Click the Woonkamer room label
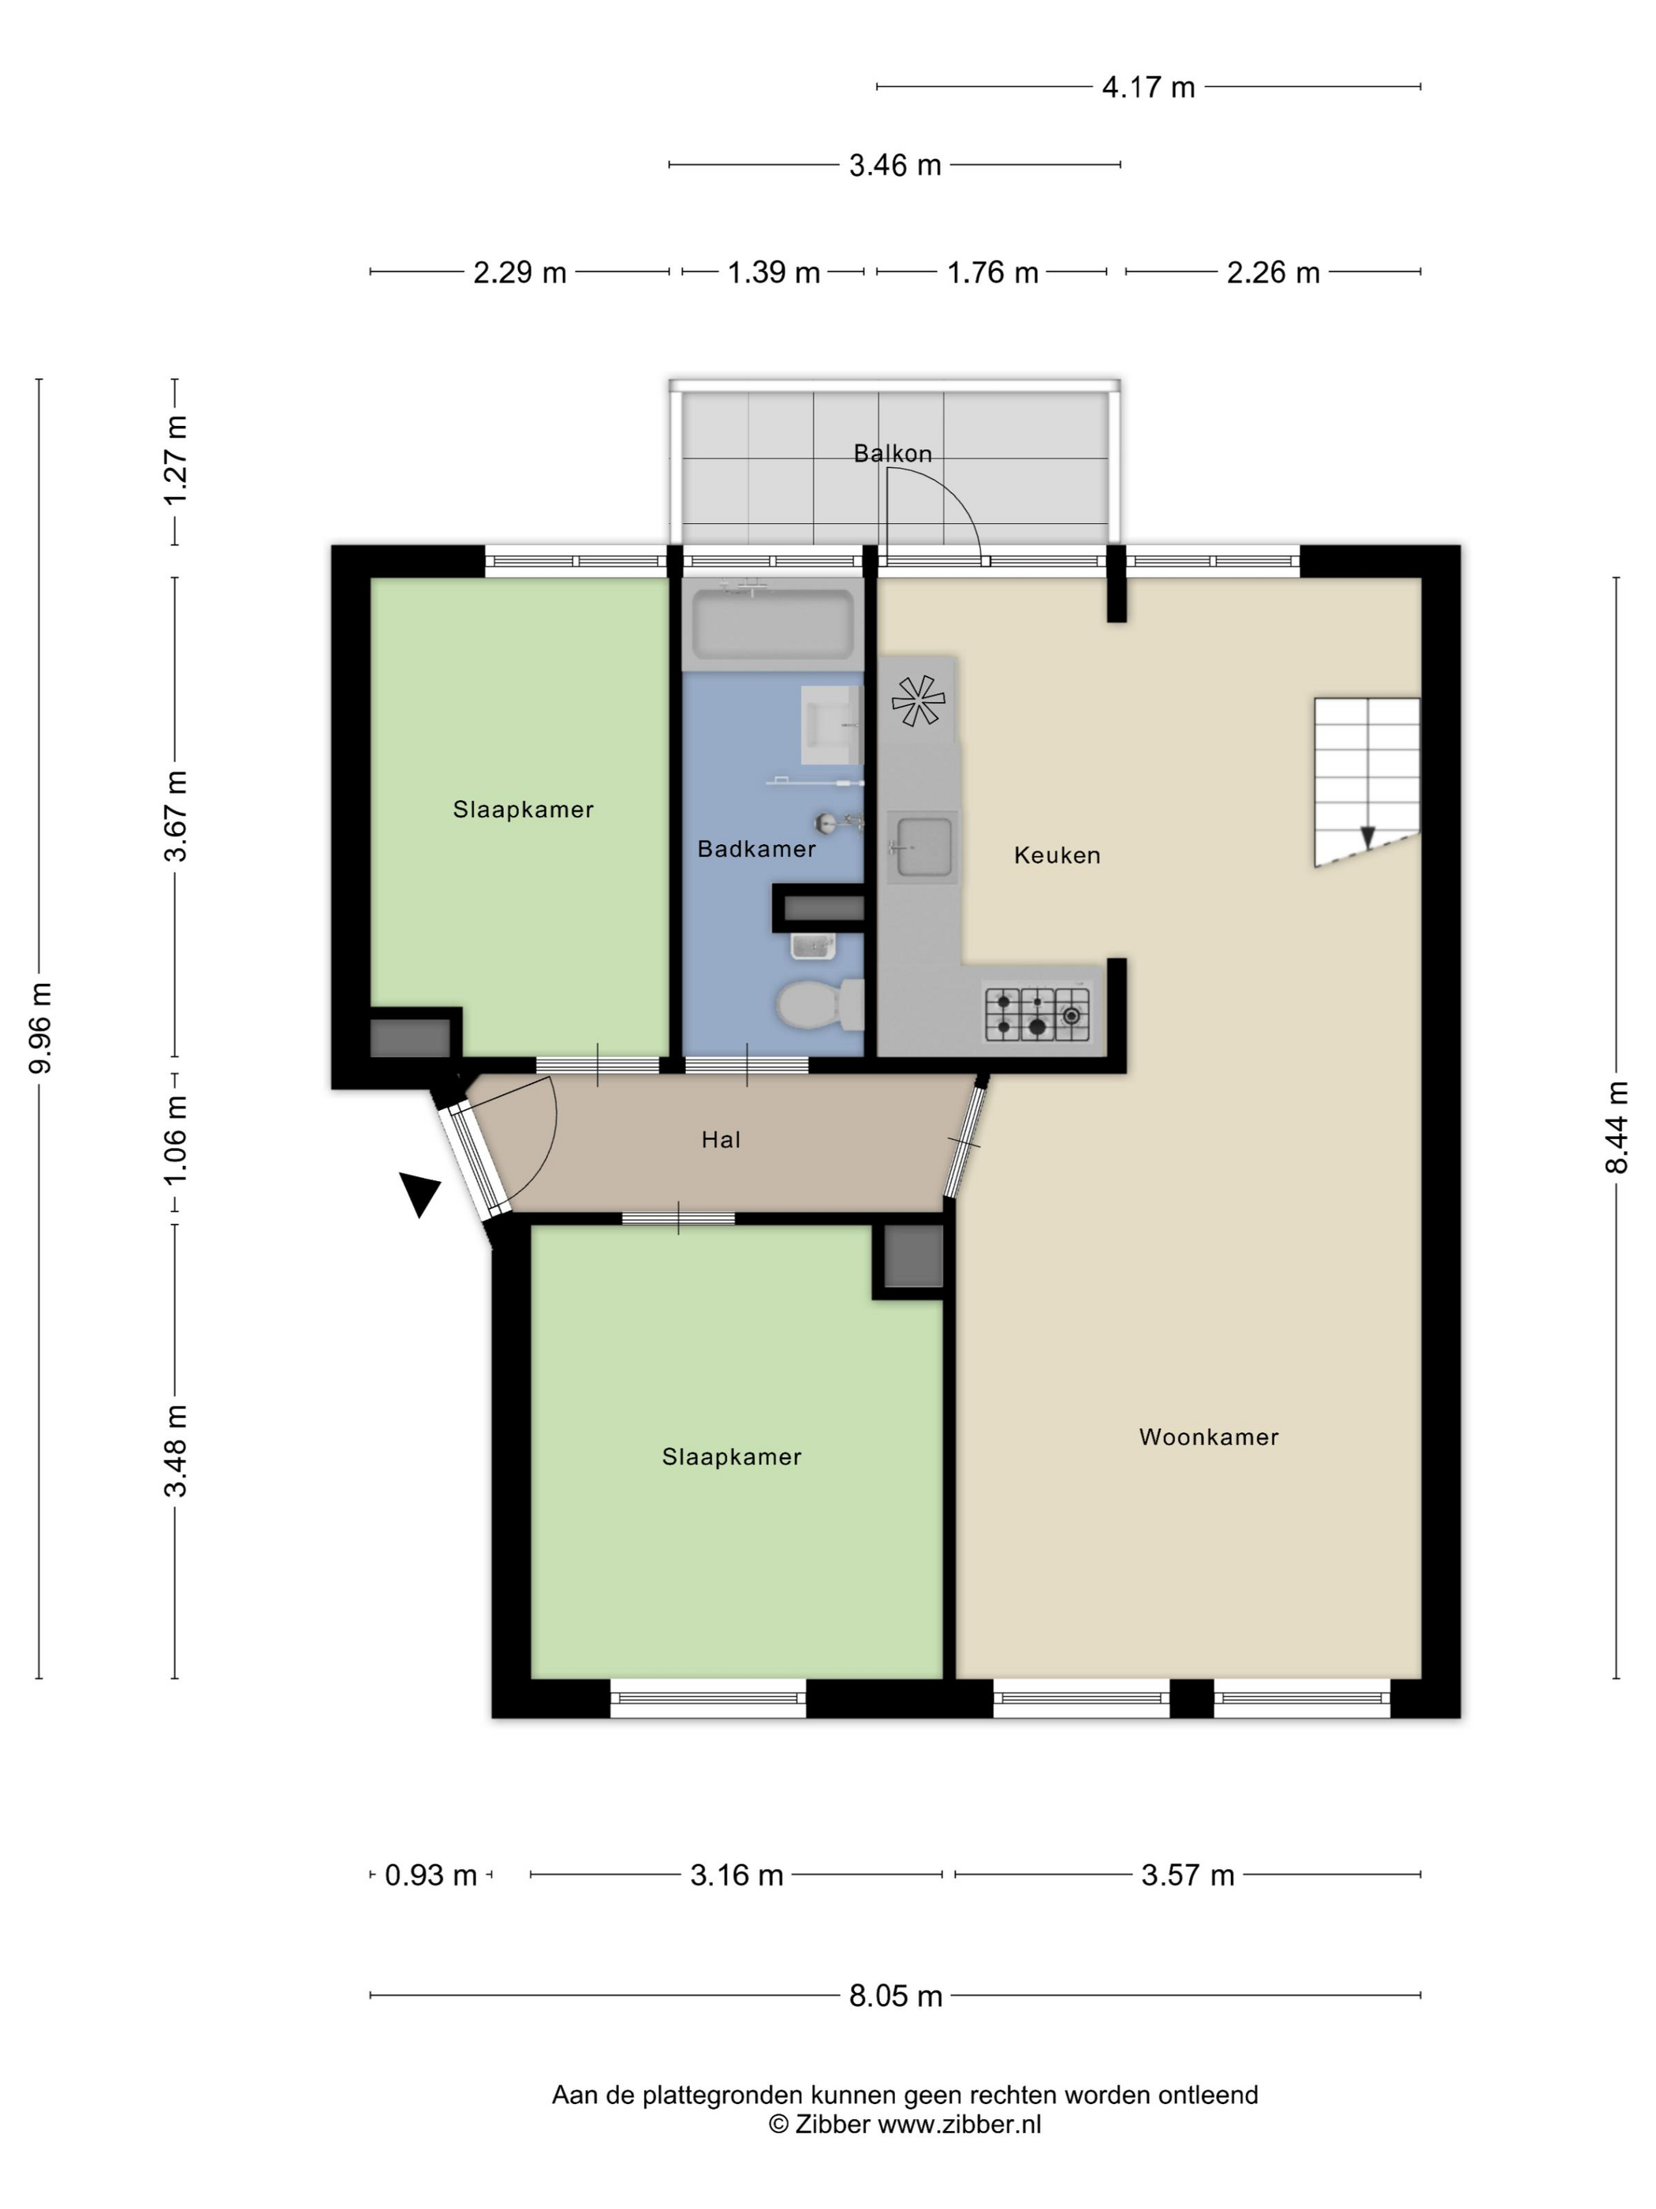(1208, 1437)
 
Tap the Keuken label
(1057, 855)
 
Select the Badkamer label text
(756, 849)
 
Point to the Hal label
(721, 1139)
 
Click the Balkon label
(893, 454)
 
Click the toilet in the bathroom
(819, 1004)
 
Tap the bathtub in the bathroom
(774, 623)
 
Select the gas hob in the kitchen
(1037, 1013)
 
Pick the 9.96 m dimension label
(40, 1028)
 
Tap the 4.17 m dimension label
(1148, 87)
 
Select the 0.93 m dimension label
(431, 1874)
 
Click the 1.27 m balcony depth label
(176, 461)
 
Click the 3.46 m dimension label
(895, 165)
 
